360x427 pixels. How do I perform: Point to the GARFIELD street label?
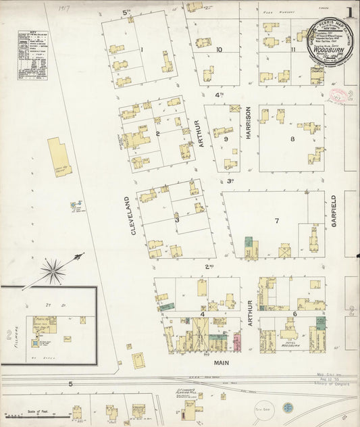coord(334,210)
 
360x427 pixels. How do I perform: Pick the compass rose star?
coord(53,272)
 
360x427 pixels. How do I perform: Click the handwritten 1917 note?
coord(64,9)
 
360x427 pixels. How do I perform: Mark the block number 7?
coord(276,221)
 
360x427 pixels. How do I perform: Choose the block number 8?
coord(292,139)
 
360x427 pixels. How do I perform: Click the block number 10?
coord(219,49)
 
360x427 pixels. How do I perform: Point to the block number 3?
coord(177,220)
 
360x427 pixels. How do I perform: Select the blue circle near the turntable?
coord(288,408)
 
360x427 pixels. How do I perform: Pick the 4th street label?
coord(218,95)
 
